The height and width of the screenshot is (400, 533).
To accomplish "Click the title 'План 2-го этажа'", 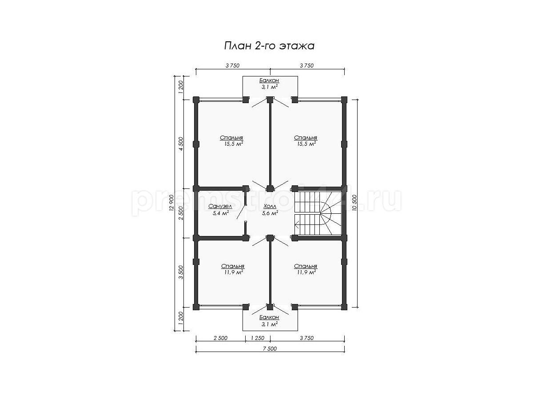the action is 269,46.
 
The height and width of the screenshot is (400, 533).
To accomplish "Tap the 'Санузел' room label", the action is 220,206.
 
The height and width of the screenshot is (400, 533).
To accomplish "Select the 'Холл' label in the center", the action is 270,206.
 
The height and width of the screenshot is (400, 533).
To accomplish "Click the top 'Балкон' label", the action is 269,80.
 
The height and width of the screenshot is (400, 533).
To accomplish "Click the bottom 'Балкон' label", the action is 269,317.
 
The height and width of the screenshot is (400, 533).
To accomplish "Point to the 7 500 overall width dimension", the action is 270,349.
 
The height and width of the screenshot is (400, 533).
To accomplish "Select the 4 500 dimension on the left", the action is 181,144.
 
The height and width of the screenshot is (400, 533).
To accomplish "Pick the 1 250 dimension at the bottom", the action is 257,338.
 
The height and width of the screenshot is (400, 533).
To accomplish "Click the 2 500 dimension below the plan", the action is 220,338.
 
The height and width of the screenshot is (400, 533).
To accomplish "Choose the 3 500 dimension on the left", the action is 181,272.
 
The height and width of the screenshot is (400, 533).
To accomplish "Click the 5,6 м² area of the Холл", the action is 270,213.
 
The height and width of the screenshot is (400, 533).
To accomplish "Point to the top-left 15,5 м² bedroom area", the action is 234,144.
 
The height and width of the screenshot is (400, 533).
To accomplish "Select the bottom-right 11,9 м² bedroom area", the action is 306,272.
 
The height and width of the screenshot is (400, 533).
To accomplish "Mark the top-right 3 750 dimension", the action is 306,66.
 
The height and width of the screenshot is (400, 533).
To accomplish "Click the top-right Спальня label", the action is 306,138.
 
